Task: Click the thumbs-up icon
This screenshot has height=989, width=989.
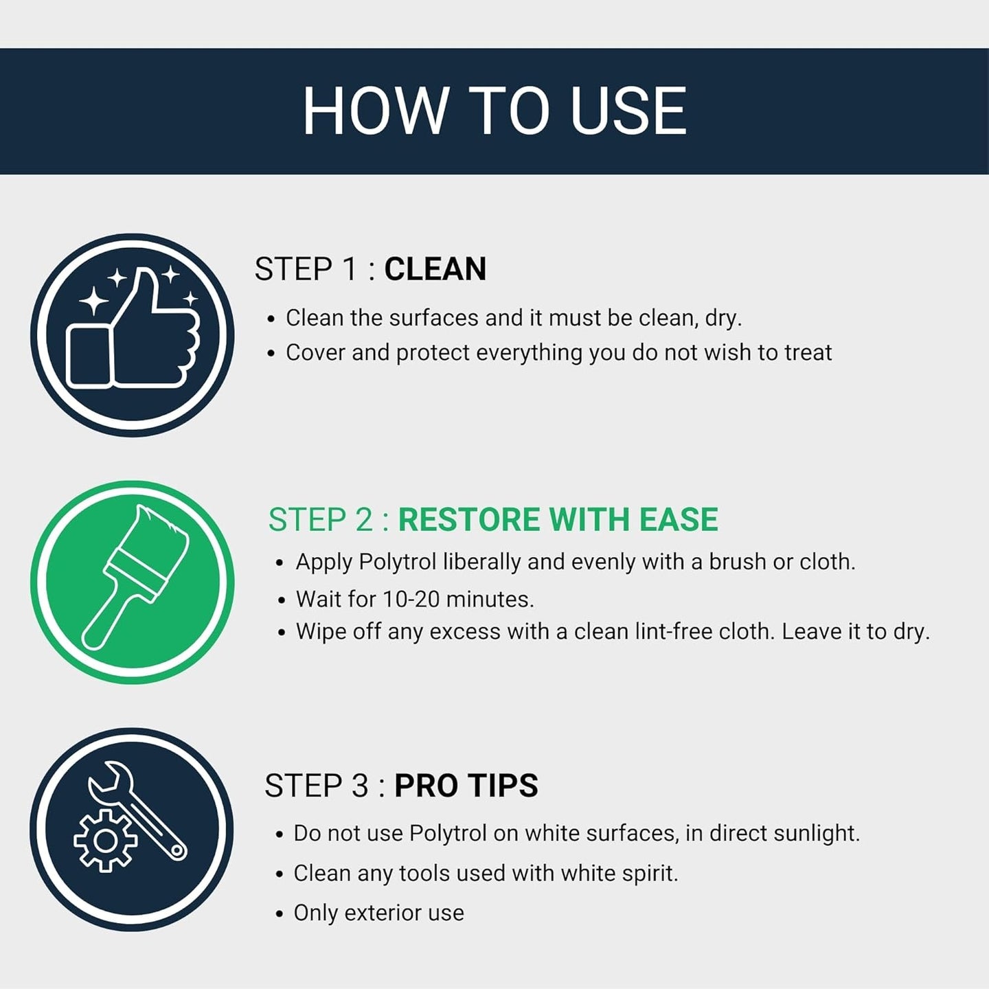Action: [133, 328]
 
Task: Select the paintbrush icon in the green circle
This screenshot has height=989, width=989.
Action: [135, 578]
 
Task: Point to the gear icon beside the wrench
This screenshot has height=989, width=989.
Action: [105, 841]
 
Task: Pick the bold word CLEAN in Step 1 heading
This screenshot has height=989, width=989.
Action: [435, 269]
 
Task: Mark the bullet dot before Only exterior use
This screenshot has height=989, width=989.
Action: [280, 914]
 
